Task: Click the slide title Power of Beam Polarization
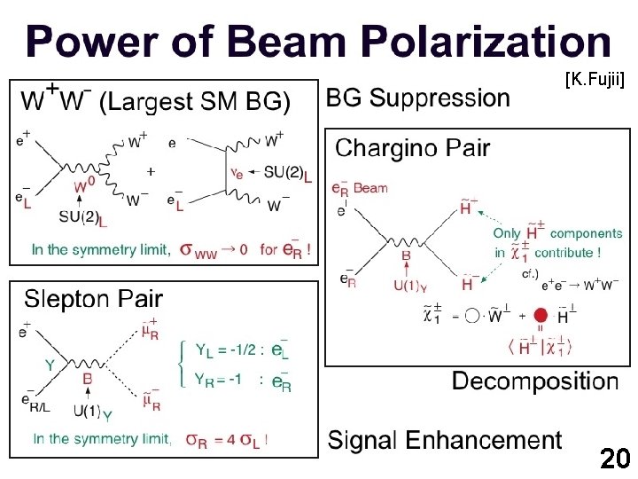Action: (x=318, y=42)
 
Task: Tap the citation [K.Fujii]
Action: (x=595, y=81)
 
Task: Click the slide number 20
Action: (x=614, y=459)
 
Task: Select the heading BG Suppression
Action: (x=418, y=98)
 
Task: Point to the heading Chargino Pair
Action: (x=412, y=148)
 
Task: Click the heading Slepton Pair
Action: (x=93, y=298)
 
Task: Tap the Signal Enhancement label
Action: (x=445, y=440)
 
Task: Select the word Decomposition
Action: (x=535, y=382)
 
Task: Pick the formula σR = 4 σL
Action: (x=227, y=439)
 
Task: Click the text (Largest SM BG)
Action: (x=195, y=102)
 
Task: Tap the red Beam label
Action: (x=370, y=188)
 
